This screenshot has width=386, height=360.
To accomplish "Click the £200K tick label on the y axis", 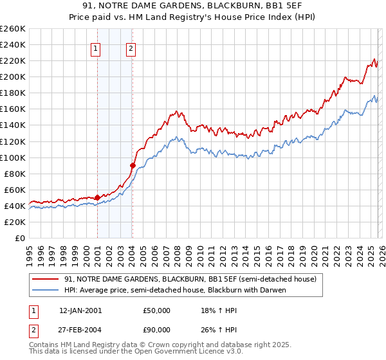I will tap(13, 76).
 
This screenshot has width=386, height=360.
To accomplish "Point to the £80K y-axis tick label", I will tap(15, 174).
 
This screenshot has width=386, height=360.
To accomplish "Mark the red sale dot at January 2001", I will tap(97, 197).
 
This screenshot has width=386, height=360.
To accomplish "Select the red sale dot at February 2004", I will tap(133, 165).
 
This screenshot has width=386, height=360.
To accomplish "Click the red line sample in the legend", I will tap(45, 280).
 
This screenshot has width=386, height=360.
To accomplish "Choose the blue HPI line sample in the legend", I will tap(45, 290).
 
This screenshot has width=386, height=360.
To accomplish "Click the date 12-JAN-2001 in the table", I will tap(80, 310).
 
